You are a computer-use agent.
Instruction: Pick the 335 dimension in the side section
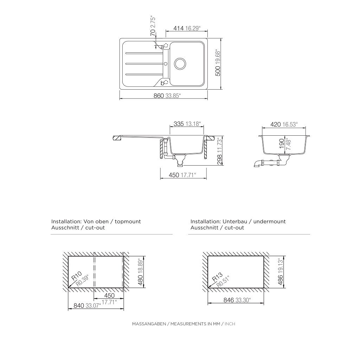pos(179,124)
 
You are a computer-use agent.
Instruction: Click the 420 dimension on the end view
pos(275,124)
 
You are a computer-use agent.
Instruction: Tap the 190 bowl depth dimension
pos(281,145)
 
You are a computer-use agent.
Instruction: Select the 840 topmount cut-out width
pos(78,306)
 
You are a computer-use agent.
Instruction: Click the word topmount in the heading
pos(128,221)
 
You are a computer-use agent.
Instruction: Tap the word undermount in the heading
pos(269,221)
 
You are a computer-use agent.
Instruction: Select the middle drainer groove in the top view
pos(142,64)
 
